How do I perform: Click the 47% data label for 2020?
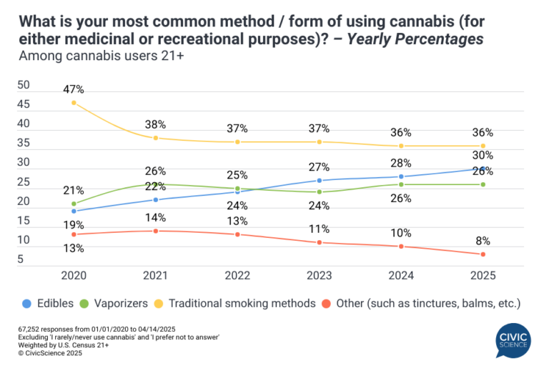tap(74, 89)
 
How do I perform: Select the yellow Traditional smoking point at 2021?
tap(156, 137)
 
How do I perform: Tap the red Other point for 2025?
tap(483, 254)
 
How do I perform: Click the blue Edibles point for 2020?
tap(74, 211)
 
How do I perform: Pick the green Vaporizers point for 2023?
tap(320, 192)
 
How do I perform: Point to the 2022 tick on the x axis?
tap(237, 276)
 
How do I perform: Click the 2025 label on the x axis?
tap(483, 276)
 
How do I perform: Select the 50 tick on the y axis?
tap(23, 85)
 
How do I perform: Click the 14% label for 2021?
tap(156, 217)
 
